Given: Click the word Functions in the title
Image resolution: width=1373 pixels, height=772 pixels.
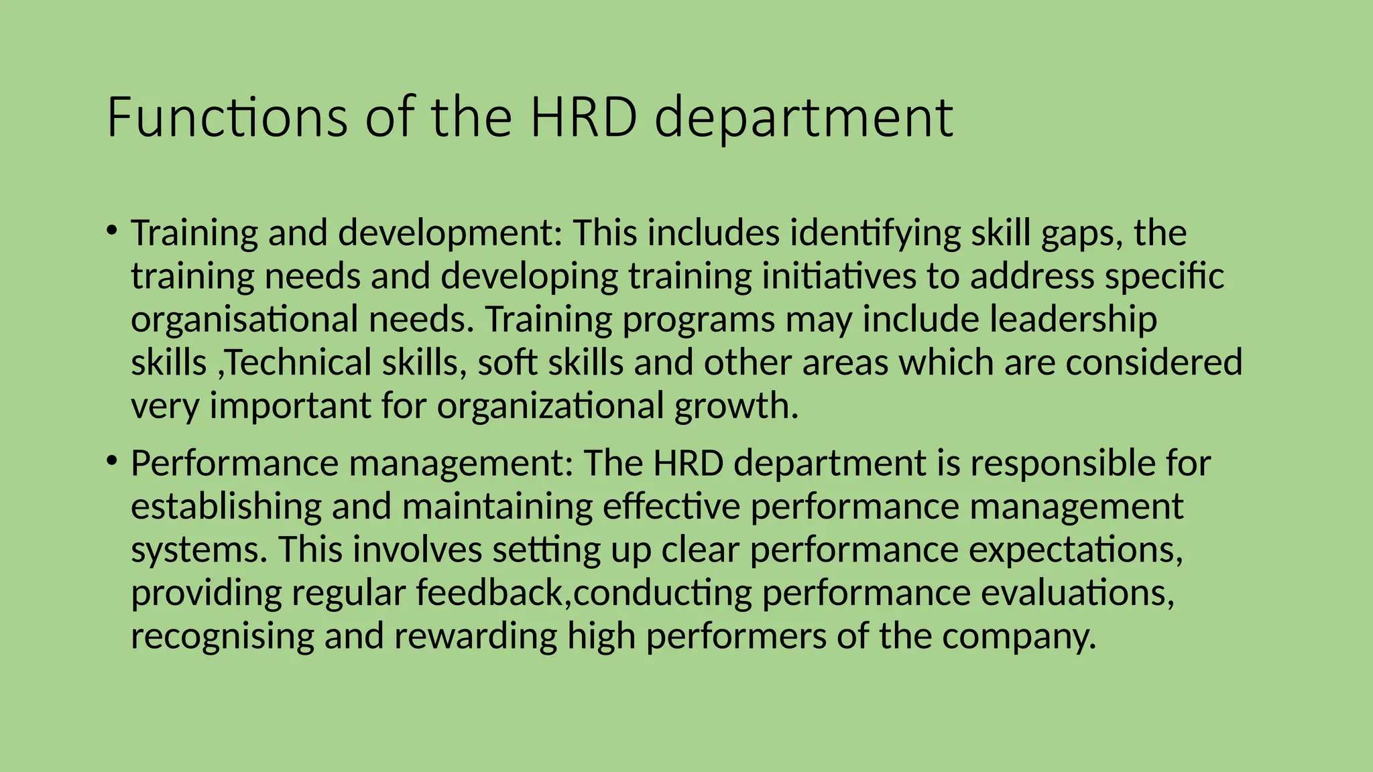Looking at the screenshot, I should (227, 117).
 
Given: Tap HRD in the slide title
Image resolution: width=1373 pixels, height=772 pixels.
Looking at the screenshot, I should (583, 117).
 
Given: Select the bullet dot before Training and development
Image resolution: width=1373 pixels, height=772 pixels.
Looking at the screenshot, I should (112, 231).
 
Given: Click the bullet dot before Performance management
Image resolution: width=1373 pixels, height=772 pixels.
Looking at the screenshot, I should (112, 462).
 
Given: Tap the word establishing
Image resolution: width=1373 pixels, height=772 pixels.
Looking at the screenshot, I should (226, 507).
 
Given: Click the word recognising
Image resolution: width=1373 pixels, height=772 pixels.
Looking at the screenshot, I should (222, 637).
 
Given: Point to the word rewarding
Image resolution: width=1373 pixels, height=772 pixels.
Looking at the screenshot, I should (475, 637).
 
